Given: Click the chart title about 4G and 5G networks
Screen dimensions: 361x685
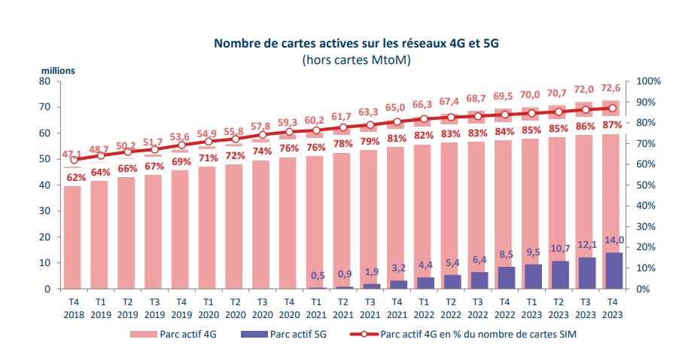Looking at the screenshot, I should (x=356, y=44).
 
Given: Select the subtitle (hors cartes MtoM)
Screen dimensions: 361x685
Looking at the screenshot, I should (x=356, y=60).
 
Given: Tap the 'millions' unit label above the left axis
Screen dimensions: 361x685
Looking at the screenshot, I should (x=57, y=71).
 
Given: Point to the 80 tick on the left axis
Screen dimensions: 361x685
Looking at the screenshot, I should (x=44, y=81).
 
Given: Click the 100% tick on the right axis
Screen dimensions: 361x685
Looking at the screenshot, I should (x=648, y=81).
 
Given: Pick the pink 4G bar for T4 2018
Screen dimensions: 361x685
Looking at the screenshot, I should (x=73, y=237).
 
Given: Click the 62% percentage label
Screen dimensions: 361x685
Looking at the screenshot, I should (x=75, y=178).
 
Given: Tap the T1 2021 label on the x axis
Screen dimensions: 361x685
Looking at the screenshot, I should (x=315, y=306).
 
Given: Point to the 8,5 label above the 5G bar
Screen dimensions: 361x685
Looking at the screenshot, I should (x=507, y=255).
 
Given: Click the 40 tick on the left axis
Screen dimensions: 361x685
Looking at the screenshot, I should (x=44, y=185).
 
